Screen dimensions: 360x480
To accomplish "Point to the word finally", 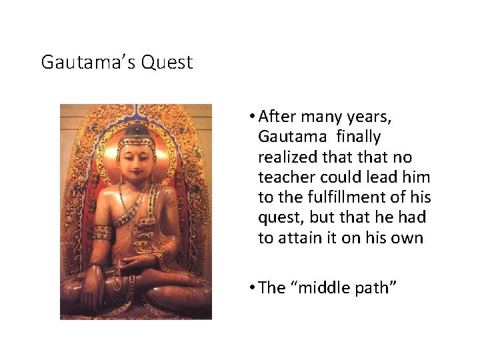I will tap(359, 137).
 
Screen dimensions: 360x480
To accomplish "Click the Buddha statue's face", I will tap(136, 159).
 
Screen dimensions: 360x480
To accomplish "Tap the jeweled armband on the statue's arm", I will tap(102, 233).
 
